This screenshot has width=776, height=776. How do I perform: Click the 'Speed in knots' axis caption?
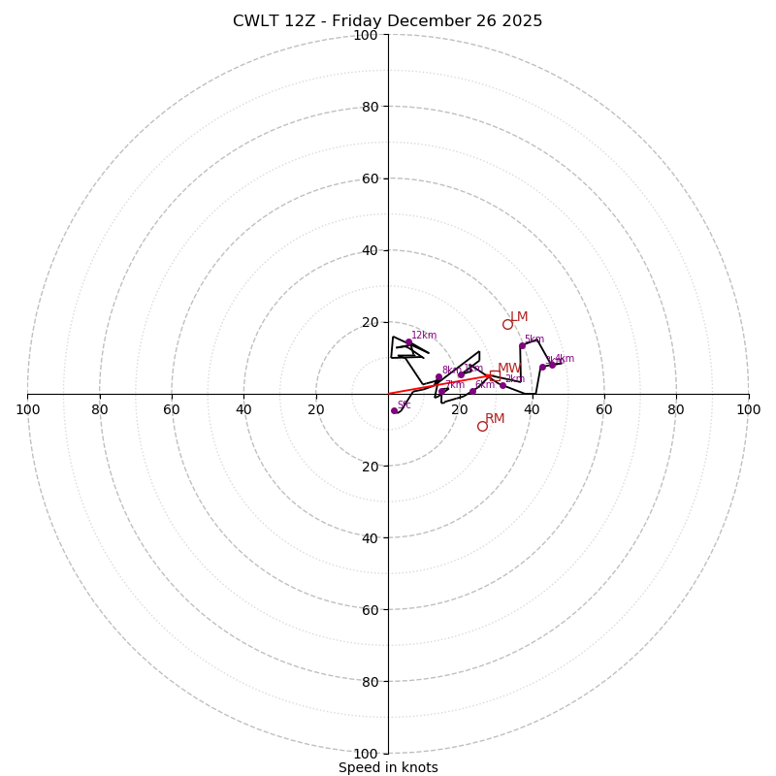pos(388,767)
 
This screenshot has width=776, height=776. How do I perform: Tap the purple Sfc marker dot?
pos(394,410)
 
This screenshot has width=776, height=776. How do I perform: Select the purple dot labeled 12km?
pos(408,342)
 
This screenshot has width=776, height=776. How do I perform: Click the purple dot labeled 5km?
pos(522,345)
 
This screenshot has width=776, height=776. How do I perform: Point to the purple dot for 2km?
pos(502,385)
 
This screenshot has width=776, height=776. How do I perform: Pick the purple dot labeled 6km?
pos(472,391)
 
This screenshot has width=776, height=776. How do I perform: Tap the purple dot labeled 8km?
pos(438,376)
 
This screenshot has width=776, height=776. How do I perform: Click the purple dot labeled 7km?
pos(442,391)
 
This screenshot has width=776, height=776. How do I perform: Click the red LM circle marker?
pos(507,324)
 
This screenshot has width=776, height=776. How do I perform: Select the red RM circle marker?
pos(482,426)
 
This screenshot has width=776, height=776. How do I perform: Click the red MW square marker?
pos(495,374)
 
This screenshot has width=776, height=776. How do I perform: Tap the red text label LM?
pos(519,317)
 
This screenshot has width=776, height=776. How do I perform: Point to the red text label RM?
pos(495,419)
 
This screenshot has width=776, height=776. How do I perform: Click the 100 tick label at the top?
pos(365,35)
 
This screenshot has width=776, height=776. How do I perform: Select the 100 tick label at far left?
pos(27,409)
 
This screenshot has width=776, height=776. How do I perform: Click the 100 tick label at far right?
pos(748,409)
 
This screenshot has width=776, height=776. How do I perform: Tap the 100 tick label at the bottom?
pos(365,754)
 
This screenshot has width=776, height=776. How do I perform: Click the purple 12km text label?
pos(424,336)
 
